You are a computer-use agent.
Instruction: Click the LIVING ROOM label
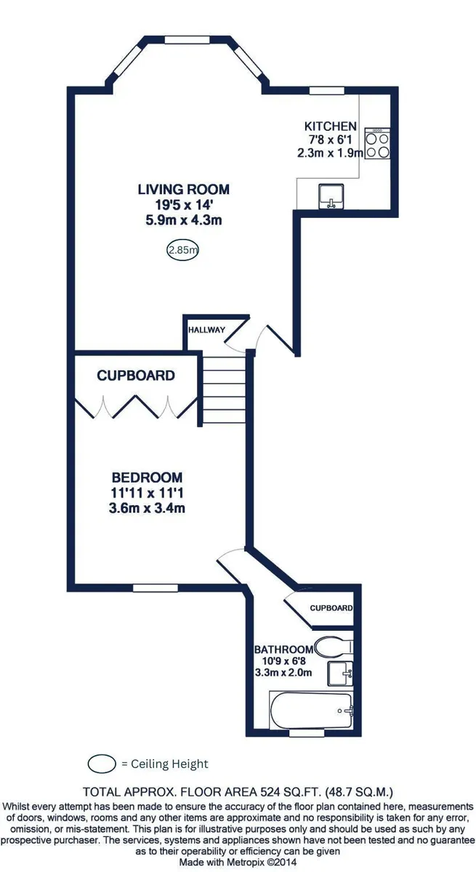pyautogui.click(x=184, y=190)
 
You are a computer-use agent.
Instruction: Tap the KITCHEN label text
pyautogui.click(x=331, y=126)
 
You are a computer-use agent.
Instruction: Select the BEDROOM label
pyautogui.click(x=147, y=477)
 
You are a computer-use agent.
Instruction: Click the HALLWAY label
pyautogui.click(x=206, y=330)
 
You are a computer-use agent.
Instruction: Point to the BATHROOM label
pyautogui.click(x=283, y=650)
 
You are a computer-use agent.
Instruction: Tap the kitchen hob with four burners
pyautogui.click(x=378, y=143)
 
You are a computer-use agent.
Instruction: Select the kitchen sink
pyautogui.click(x=331, y=197)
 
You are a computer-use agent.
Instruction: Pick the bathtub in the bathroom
pyautogui.click(x=311, y=711)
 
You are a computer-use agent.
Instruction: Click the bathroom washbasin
pyautogui.click(x=340, y=674)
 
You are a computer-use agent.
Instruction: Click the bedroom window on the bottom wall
pyautogui.click(x=156, y=588)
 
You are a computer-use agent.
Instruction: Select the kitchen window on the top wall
pyautogui.click(x=327, y=91)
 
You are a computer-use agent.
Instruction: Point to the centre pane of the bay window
pyautogui.click(x=187, y=40)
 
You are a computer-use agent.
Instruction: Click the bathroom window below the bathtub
pyautogui.click(x=307, y=733)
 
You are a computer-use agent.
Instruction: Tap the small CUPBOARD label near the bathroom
pyautogui.click(x=331, y=608)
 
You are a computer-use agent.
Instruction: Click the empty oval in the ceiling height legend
pyautogui.click(x=102, y=764)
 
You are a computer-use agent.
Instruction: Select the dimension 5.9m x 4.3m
pyautogui.click(x=184, y=220)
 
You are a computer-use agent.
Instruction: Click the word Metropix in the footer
pyautogui.click(x=249, y=862)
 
